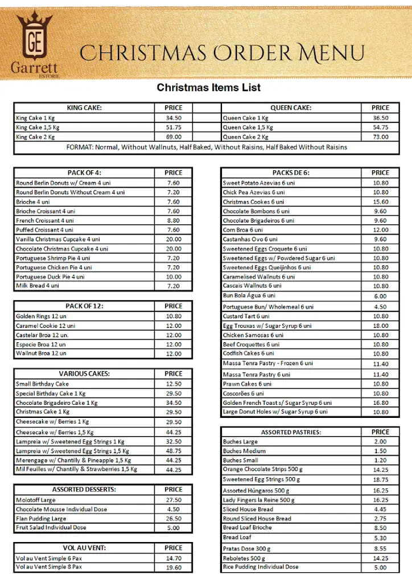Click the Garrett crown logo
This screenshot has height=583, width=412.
(34, 43)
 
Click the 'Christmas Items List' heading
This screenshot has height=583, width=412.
(209, 88)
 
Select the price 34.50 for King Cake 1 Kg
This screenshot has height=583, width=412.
(174, 118)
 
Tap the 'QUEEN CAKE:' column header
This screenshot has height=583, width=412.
(291, 108)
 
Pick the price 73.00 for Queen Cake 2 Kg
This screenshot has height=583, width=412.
(380, 137)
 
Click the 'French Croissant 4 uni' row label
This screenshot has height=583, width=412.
(45, 220)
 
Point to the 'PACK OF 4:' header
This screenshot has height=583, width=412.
(84, 173)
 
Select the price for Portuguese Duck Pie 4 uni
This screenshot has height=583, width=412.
(174, 277)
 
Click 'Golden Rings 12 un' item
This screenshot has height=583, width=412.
(41, 316)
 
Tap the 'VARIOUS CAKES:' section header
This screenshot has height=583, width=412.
(84, 374)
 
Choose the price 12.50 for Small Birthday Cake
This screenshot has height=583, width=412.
(174, 384)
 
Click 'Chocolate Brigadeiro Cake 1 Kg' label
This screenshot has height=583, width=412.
(57, 403)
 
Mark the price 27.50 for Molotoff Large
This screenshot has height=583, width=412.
(174, 500)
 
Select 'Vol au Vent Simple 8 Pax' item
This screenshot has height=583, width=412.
(49, 567)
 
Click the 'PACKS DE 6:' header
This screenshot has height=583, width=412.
(291, 173)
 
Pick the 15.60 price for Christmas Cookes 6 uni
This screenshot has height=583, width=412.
(380, 202)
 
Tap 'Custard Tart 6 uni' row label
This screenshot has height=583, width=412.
(246, 316)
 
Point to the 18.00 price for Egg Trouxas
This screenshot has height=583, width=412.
(380, 326)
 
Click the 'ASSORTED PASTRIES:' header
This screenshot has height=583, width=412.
(291, 432)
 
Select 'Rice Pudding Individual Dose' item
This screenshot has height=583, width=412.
(261, 567)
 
